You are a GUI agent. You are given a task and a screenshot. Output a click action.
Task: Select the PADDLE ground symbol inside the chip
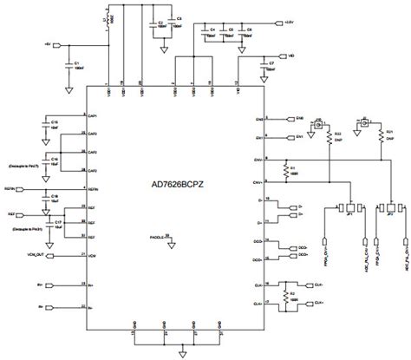pyautogui.click(x=171, y=246)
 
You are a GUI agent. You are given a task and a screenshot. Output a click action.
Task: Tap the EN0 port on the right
pyautogui.click(x=297, y=119)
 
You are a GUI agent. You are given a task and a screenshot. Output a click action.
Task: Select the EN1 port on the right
pyautogui.click(x=297, y=137)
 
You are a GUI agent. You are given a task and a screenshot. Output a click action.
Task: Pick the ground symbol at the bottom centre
pyautogui.click(x=182, y=351)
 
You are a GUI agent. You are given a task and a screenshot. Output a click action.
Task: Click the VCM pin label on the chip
pyautogui.click(x=91, y=254)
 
